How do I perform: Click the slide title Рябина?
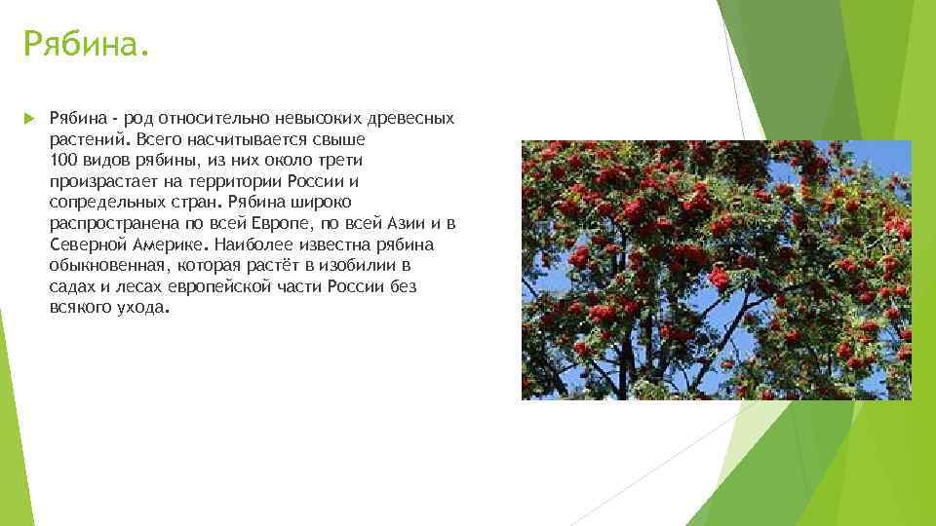point(87,44)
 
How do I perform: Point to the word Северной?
point(82,244)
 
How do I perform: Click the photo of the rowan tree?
point(716,270)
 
